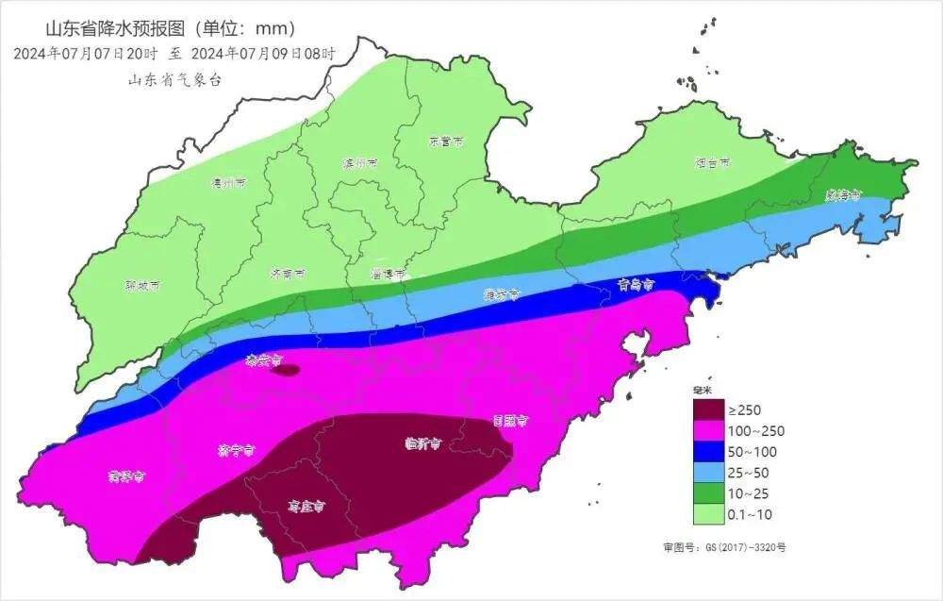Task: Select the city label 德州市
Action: click(228, 182)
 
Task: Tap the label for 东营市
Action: click(446, 142)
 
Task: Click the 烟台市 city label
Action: click(712, 163)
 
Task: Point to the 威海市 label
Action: click(843, 195)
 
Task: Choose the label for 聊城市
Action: click(142, 284)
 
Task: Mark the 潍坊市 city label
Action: click(502, 294)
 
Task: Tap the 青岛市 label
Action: click(637, 284)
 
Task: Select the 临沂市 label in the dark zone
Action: click(422, 442)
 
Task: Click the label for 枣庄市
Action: click(306, 507)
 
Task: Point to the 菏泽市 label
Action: click(125, 476)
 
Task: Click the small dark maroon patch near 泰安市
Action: click(286, 370)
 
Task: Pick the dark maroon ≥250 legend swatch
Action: click(708, 410)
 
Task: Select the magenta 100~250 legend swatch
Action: click(708, 431)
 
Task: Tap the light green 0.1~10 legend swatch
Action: click(708, 514)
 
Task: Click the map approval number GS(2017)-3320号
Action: click(723, 546)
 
